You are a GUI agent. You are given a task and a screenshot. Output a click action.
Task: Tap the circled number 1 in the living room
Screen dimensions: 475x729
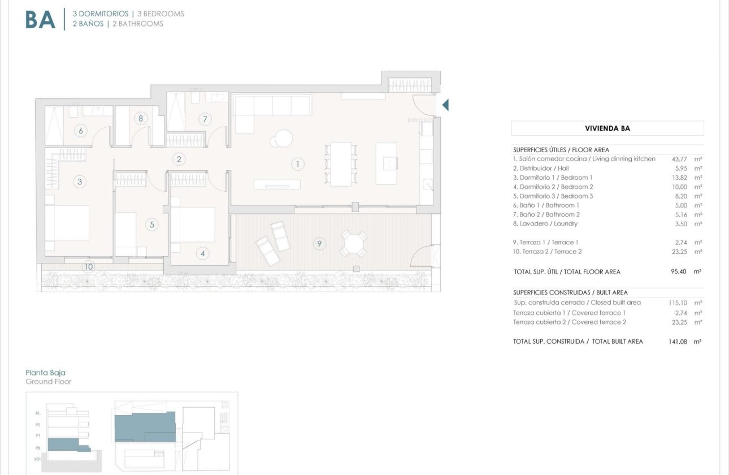[x=297, y=165]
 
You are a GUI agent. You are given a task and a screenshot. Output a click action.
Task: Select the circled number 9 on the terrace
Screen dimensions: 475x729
[x=319, y=244]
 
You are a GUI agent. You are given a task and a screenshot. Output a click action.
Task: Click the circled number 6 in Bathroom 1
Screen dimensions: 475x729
[x=81, y=131]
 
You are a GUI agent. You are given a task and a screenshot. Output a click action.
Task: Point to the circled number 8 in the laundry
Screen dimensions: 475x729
[x=140, y=118]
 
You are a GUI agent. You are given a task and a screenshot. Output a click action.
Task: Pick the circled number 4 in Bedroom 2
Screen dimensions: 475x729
[x=203, y=253]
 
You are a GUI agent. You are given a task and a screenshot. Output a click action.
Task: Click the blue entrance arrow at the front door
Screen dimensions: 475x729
[x=445, y=105]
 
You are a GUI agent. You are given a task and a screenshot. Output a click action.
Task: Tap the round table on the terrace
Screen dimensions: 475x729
[x=354, y=244]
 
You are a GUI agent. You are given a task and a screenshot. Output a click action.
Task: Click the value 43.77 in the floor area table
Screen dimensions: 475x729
[x=679, y=159]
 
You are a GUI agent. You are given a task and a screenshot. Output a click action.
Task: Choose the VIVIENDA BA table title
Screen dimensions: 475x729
[x=607, y=128]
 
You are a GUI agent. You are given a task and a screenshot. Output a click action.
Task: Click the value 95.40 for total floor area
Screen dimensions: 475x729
[x=679, y=271]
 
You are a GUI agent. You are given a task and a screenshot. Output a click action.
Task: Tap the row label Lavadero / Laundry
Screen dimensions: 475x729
[x=545, y=224]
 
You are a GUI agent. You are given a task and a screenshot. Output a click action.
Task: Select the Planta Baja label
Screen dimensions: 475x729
[x=45, y=373]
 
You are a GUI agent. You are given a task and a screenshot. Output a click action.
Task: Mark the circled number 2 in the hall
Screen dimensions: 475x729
[x=179, y=159]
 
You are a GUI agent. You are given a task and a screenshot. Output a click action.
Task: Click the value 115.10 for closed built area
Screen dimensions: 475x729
[x=678, y=303]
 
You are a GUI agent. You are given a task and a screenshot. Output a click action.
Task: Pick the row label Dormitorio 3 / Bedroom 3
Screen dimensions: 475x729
[x=553, y=196]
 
